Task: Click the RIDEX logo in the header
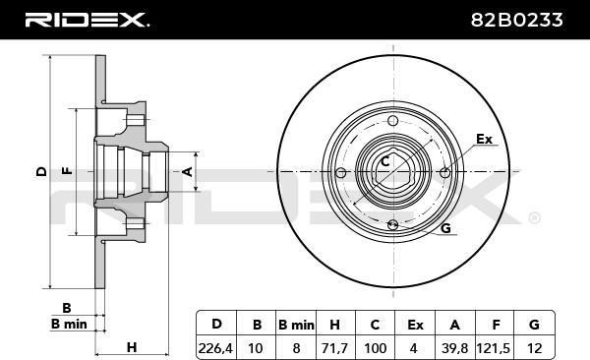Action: pyautogui.click(x=87, y=20)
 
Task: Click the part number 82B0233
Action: pyautogui.click(x=516, y=20)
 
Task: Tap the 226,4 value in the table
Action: pyautogui.click(x=215, y=348)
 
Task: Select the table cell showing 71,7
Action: pyautogui.click(x=333, y=348)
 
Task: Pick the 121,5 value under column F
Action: pyautogui.click(x=494, y=348)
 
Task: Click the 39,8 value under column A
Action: pyautogui.click(x=454, y=348)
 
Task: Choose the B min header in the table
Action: pyautogui.click(x=296, y=325)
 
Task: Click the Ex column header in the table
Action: pyautogui.click(x=415, y=325)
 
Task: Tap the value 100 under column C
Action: pyautogui.click(x=376, y=348)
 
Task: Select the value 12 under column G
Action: pyautogui.click(x=534, y=348)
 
